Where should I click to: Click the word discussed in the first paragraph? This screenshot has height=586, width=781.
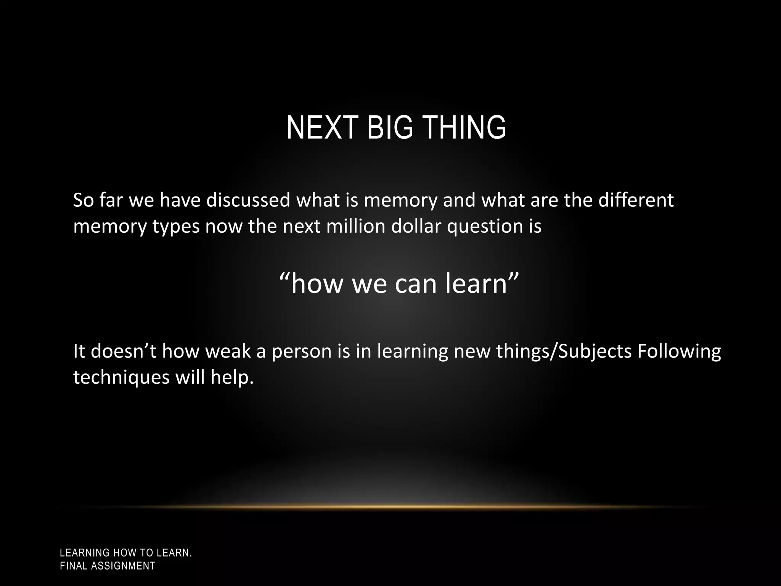248,200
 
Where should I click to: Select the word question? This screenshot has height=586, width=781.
485,227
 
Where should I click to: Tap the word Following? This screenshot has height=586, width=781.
679,352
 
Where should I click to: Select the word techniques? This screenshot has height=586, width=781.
121,378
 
